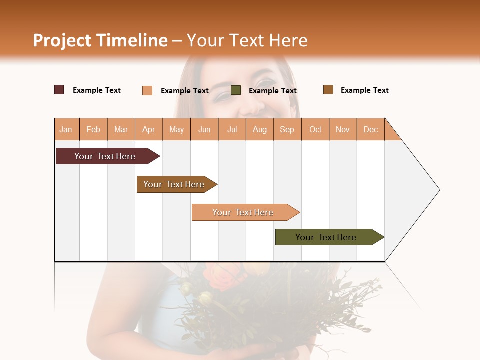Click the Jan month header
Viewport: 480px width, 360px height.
(x=66, y=129)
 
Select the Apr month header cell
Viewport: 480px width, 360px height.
(x=148, y=129)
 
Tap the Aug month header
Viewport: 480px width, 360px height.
(x=259, y=129)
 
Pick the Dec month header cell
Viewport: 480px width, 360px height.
(x=370, y=129)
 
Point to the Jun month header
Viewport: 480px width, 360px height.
(x=204, y=129)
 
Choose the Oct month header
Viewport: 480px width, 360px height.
(x=315, y=129)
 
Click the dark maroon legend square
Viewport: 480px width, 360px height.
(x=59, y=90)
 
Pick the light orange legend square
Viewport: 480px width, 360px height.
(x=147, y=90)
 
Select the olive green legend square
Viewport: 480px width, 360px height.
(x=236, y=90)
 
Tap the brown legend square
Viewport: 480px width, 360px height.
(x=328, y=90)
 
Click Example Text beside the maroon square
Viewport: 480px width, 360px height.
(x=96, y=90)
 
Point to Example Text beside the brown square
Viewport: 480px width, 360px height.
(x=364, y=90)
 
